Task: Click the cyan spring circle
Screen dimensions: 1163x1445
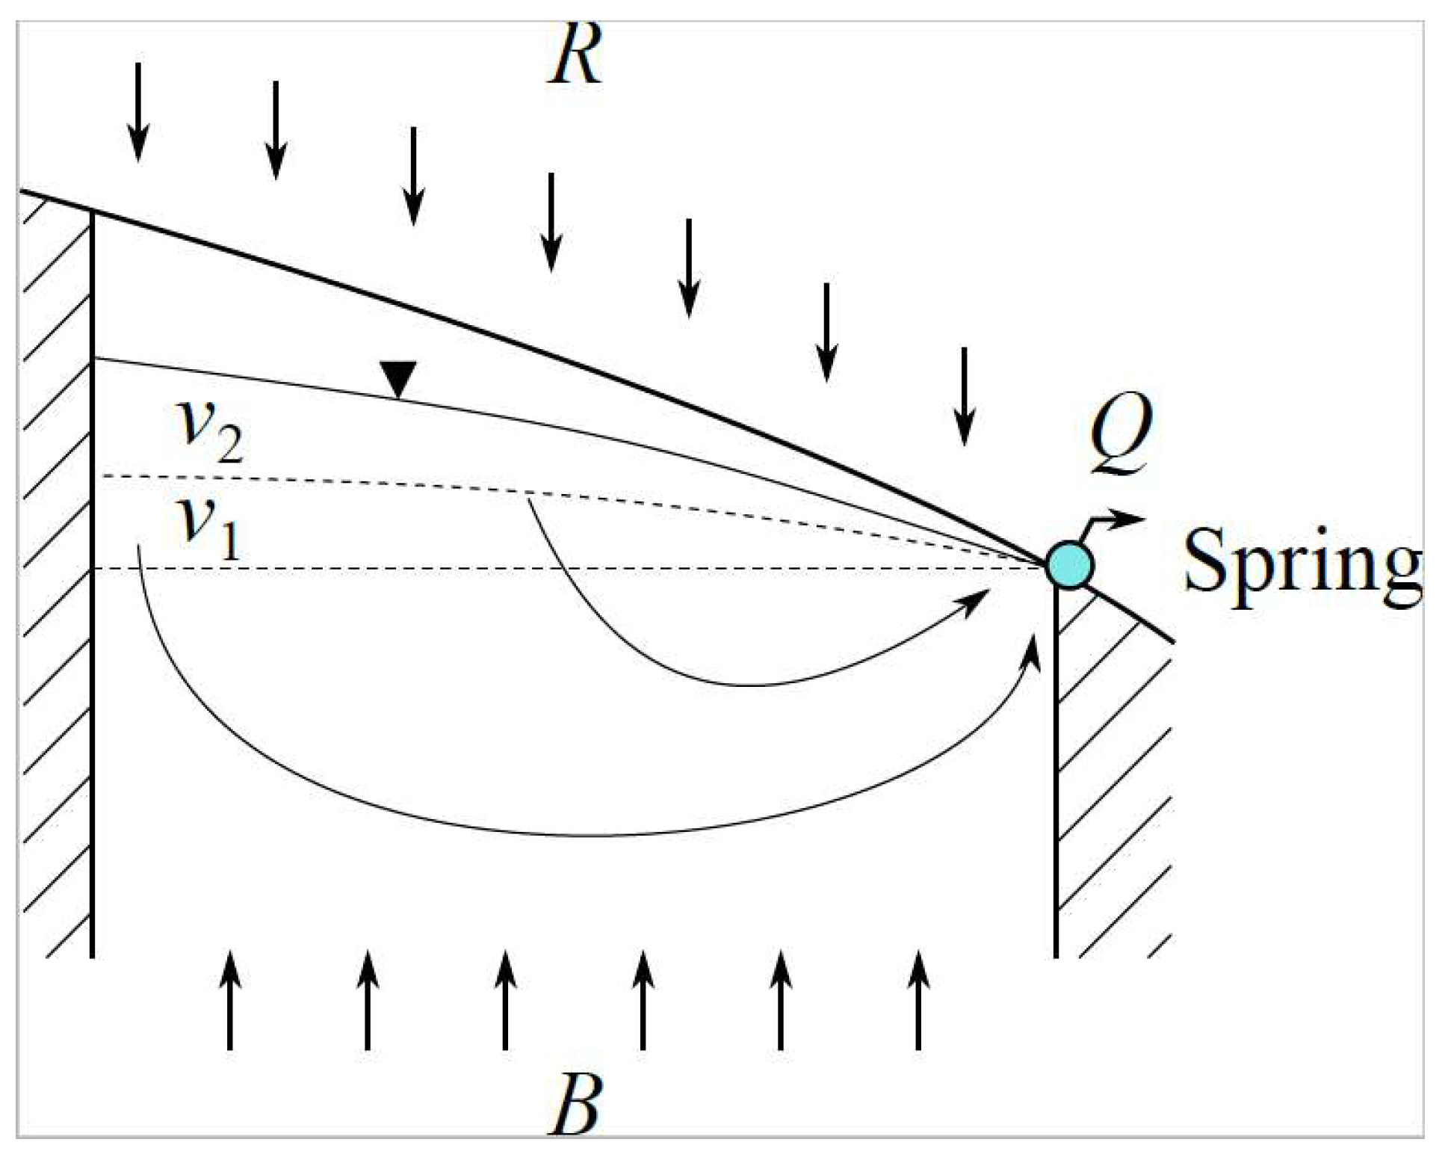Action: coord(1069,565)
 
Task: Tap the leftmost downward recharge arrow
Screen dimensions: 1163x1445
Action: coord(137,112)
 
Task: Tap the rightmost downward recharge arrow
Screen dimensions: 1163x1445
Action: coord(964,396)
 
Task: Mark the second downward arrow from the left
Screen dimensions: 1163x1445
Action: coord(276,130)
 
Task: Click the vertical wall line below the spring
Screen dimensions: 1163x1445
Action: coord(1056,770)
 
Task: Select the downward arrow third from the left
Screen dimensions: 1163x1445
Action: coord(413,176)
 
